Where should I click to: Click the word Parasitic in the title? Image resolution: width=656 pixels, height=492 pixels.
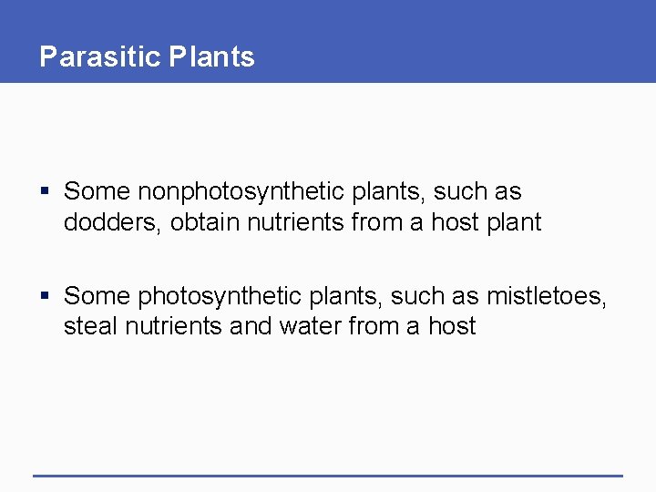tap(100, 56)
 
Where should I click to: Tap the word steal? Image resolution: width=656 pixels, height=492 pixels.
tap(87, 326)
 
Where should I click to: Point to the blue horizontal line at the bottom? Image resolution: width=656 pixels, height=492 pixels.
tap(328, 475)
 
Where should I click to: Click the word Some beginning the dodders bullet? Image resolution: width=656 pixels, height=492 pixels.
tap(97, 192)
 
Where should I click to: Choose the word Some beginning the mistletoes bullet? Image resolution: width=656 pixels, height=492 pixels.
tap(97, 296)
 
